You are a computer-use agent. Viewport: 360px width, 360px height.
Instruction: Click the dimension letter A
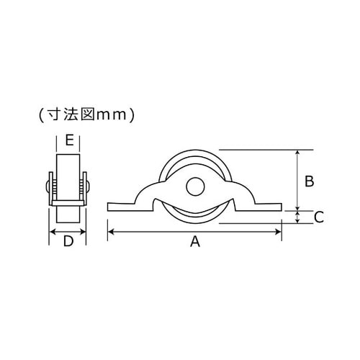(194, 243)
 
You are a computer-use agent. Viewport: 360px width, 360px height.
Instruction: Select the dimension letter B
(309, 181)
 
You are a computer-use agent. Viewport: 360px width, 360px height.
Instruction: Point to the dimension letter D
(68, 242)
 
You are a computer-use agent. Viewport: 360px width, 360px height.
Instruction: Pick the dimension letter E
(68, 140)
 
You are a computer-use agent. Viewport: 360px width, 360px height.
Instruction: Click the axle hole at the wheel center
(194, 186)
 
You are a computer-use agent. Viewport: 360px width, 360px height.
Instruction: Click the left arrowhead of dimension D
(52, 232)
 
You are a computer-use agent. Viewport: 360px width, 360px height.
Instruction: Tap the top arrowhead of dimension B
(298, 153)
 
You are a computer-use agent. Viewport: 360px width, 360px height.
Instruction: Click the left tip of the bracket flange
(109, 207)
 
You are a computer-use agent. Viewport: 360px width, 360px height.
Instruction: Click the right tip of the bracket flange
(279, 207)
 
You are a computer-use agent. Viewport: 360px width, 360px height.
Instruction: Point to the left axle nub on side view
(47, 189)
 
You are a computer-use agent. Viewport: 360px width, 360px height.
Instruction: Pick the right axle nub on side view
(89, 189)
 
